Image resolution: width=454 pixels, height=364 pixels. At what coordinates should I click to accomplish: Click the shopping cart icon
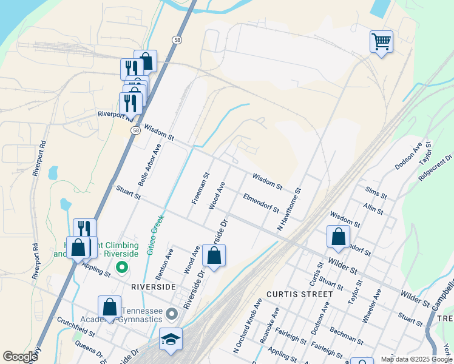click(381, 42)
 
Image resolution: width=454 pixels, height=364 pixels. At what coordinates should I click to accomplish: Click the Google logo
click(20, 357)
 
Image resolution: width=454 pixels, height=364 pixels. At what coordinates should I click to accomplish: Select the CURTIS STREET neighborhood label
click(299, 294)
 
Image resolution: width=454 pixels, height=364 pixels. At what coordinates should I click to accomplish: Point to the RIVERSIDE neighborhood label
click(153, 286)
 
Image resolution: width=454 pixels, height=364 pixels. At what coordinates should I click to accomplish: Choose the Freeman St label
click(200, 187)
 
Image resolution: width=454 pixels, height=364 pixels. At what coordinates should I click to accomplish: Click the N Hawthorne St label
click(289, 209)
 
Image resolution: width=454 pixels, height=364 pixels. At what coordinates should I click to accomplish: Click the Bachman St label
click(346, 335)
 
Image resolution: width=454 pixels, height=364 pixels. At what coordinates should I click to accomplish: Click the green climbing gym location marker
click(121, 266)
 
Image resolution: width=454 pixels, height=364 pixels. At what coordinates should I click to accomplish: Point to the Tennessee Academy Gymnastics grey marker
click(172, 314)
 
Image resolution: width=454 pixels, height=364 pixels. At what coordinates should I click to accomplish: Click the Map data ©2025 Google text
click(416, 359)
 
